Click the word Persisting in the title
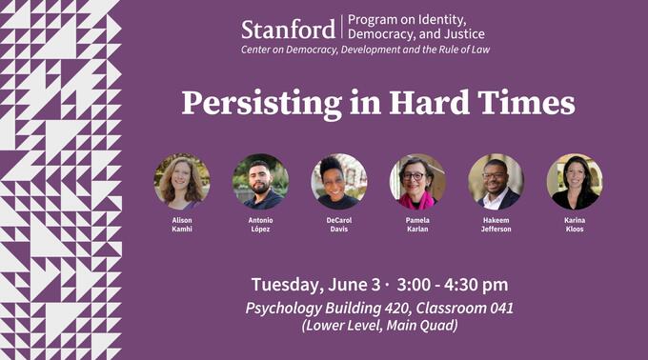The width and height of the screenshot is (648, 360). point(251,103)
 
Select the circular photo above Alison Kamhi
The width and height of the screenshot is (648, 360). point(182,181)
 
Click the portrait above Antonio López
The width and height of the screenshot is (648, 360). point(260,181)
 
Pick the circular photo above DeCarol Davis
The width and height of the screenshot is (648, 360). point(338,181)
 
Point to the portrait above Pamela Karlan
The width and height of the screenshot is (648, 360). point(416,181)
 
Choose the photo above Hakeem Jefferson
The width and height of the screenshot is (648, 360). point(496,181)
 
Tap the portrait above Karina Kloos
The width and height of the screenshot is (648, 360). point(574,181)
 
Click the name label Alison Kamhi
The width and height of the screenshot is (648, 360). point(182,225)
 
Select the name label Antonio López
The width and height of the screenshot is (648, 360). point(260,225)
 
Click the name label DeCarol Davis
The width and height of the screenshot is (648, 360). point(338,225)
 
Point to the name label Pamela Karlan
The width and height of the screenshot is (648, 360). point(416,225)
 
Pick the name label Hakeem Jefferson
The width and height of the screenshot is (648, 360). point(496,225)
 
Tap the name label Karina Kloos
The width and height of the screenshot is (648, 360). point(574,225)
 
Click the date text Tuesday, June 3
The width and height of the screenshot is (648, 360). point(315,285)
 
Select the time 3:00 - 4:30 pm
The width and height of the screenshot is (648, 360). point(453,285)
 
